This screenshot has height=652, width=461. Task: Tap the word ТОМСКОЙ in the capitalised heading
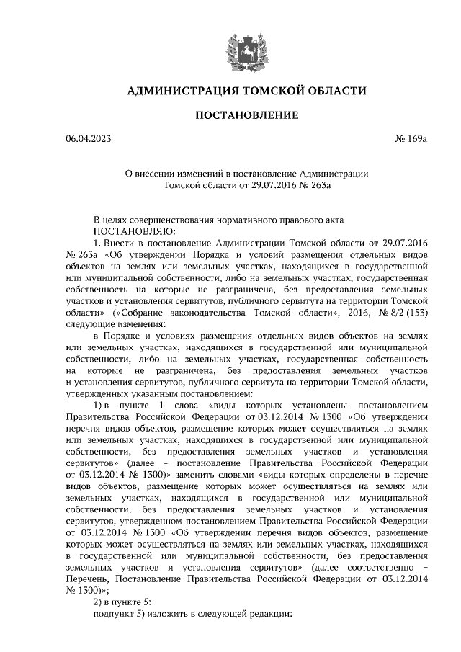coord(267,91)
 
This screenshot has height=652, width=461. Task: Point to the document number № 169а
coord(412,138)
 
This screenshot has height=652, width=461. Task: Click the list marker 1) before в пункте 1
coord(101,406)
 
